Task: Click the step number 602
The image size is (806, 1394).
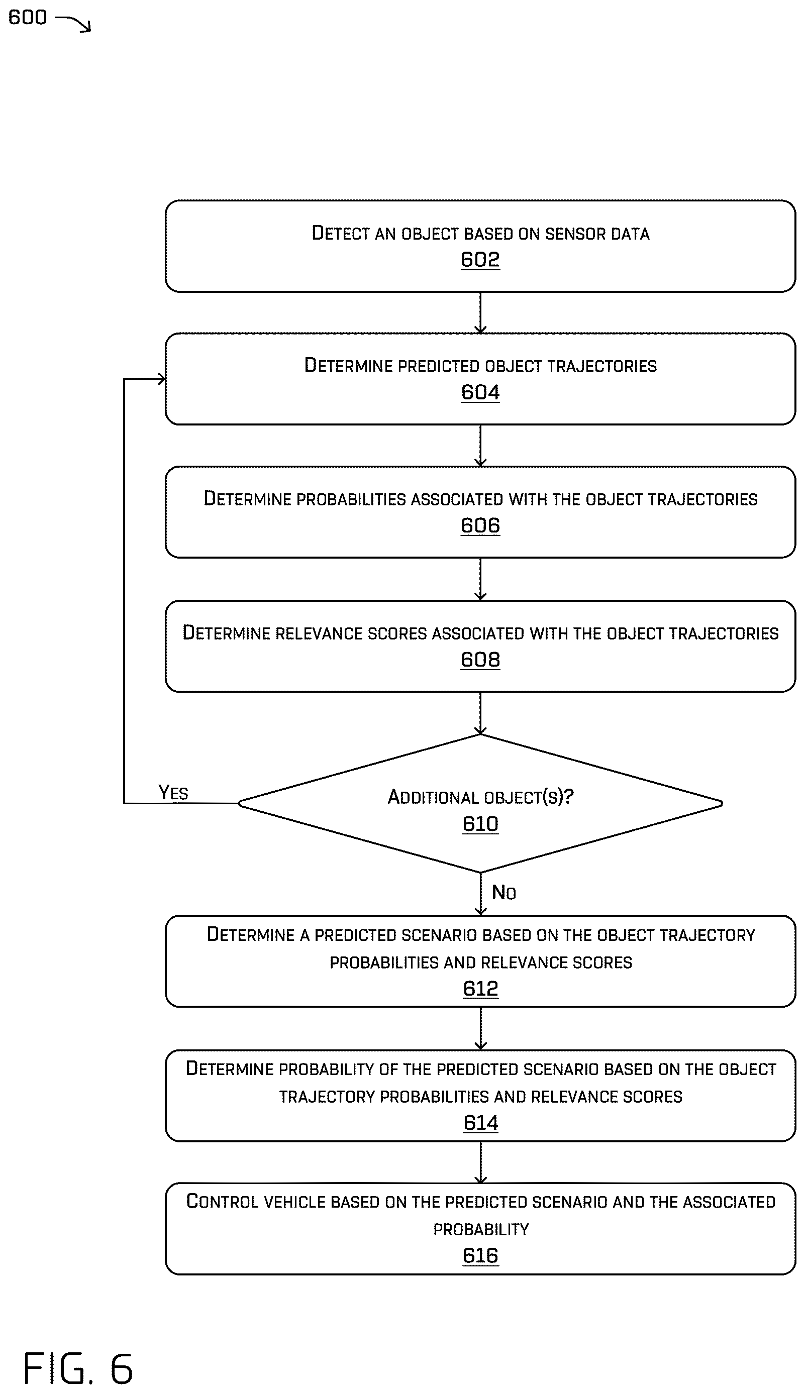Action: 480,259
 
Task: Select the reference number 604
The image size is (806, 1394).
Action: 480,392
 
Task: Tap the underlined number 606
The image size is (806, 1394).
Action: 480,525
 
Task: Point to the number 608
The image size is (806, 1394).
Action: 480,660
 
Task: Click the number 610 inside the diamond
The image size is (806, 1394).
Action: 480,824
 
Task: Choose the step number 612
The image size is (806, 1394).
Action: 480,988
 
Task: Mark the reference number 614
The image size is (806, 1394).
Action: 480,1122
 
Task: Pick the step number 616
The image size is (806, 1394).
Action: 480,1256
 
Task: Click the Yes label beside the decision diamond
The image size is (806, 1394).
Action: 173,792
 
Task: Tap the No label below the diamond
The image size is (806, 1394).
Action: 504,892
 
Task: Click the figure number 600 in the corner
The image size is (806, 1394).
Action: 28,17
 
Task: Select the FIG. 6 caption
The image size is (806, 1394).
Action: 78,1368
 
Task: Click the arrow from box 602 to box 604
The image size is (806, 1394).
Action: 480,312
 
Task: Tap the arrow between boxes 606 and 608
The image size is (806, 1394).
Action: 480,579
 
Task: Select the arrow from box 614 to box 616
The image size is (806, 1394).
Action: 480,1162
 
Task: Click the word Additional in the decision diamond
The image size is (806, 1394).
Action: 433,797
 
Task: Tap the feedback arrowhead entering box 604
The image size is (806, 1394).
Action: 161,379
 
